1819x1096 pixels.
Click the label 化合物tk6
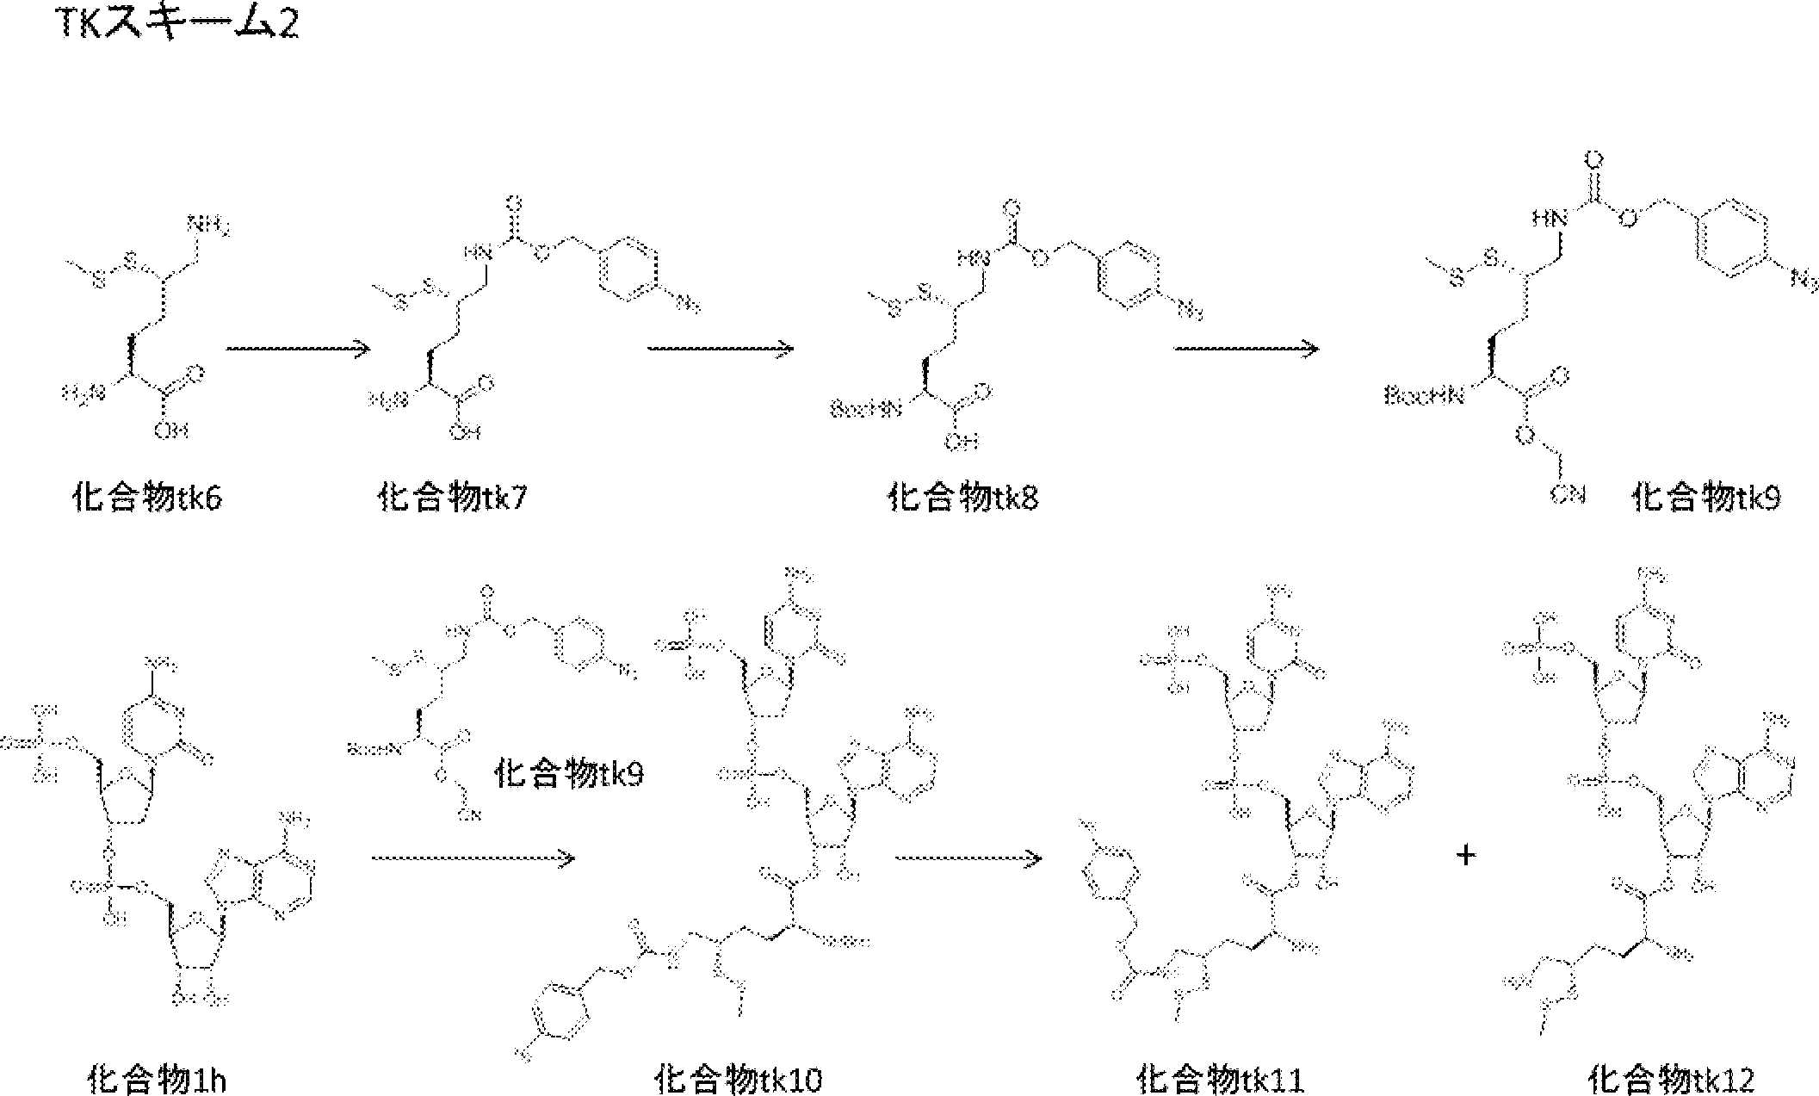click(147, 498)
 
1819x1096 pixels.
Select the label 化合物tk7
click(452, 498)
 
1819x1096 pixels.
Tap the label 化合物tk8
click(962, 498)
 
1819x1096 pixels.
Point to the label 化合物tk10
click(739, 1078)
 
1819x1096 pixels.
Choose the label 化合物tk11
click(1220, 1078)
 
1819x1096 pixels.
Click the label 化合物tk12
click(1671, 1078)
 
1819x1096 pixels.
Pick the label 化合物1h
click(158, 1078)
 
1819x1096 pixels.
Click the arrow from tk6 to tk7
click(298, 348)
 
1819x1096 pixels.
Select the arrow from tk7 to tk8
click(721, 348)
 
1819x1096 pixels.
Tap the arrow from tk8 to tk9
click(1247, 348)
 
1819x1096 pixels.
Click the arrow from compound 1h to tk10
click(473, 858)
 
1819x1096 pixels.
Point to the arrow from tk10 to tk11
click(968, 858)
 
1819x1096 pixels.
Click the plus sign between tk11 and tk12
click(1466, 856)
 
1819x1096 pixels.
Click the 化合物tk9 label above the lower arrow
click(569, 773)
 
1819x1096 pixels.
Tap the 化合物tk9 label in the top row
click(1706, 498)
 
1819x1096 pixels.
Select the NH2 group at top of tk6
click(209, 226)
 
